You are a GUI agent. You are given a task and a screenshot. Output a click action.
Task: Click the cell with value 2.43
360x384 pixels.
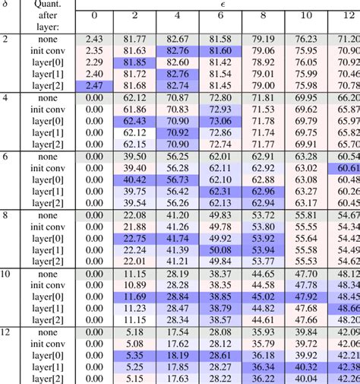[x=94, y=38]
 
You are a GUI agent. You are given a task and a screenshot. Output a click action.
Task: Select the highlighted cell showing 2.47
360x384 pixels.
[x=94, y=86]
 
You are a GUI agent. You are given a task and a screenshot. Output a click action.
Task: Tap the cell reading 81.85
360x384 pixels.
[x=134, y=62]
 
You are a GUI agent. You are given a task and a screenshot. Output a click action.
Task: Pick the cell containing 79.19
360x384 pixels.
[x=263, y=38]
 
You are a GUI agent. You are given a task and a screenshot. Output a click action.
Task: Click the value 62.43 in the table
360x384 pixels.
[x=134, y=120]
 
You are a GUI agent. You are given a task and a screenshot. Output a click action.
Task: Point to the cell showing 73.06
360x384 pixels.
[x=219, y=120]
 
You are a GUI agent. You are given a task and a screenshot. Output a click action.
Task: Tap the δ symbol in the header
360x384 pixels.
[x=6, y=5]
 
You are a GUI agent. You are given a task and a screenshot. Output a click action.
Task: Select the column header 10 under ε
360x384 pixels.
[x=305, y=16]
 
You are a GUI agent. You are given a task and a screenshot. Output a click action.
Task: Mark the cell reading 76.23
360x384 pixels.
[x=305, y=38]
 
